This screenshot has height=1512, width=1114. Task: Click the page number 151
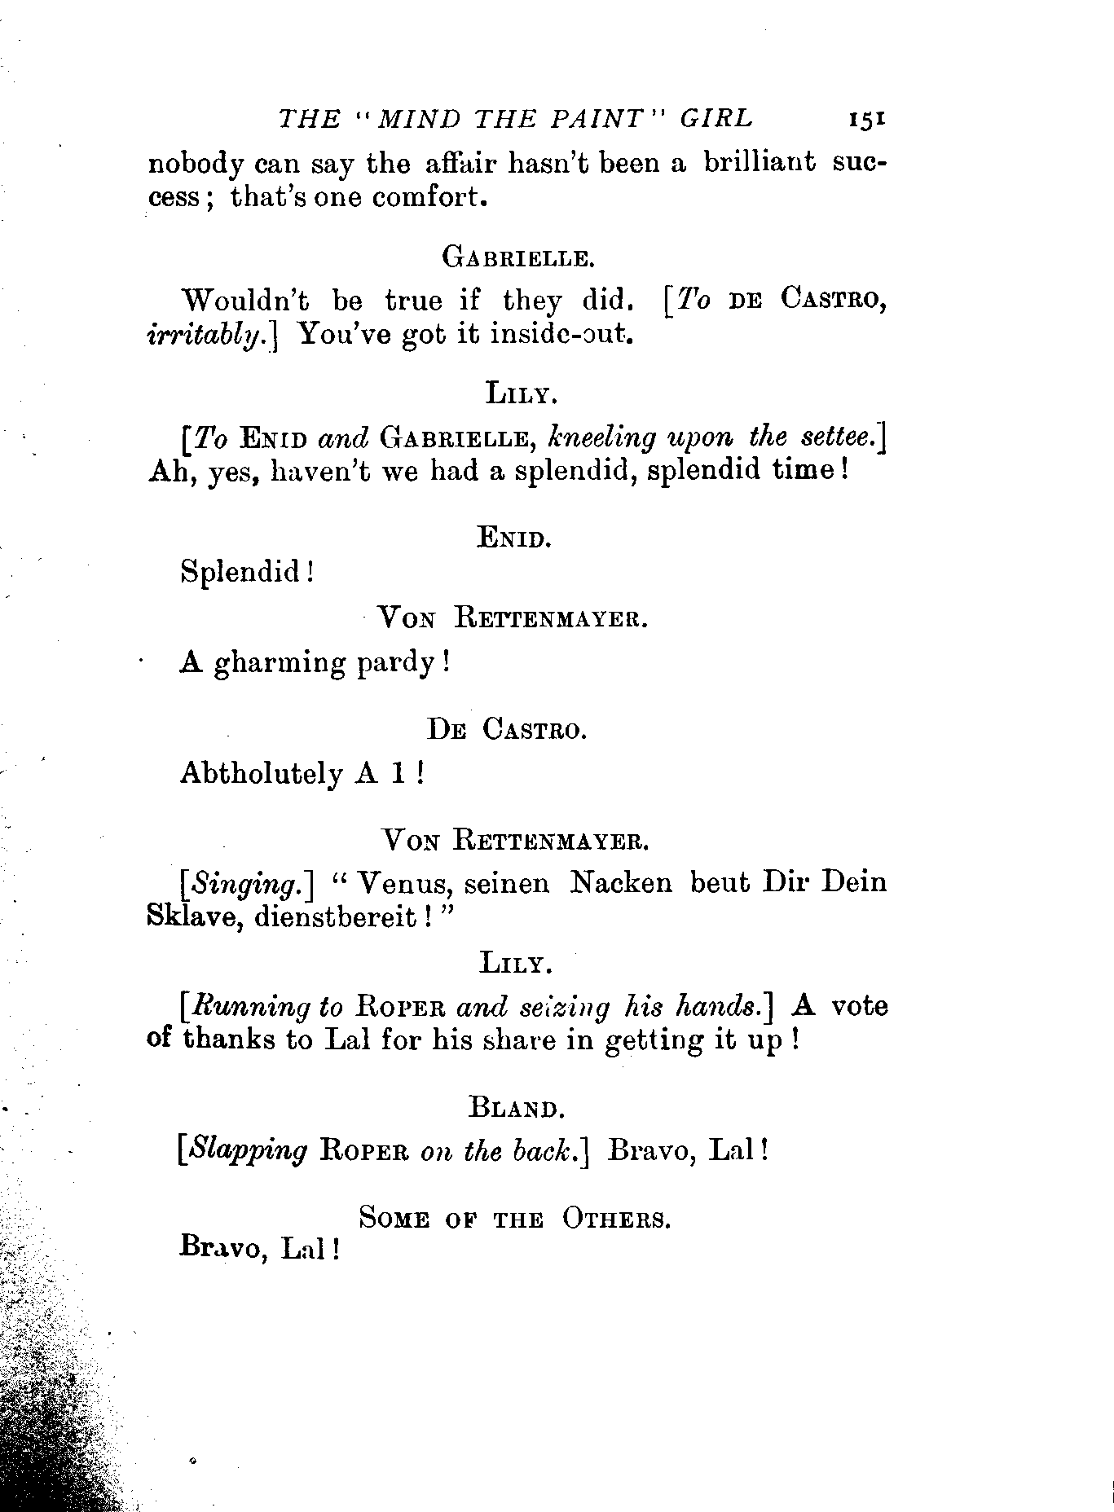[x=866, y=119]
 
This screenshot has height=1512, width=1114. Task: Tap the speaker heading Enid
[x=514, y=538]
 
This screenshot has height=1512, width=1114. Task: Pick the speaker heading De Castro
[x=507, y=730]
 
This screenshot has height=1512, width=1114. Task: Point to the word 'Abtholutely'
[x=261, y=773]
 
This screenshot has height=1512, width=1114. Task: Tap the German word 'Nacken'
[x=623, y=882]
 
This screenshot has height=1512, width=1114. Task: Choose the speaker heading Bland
[x=516, y=1108]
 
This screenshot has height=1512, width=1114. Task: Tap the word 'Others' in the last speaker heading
[x=616, y=1219]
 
